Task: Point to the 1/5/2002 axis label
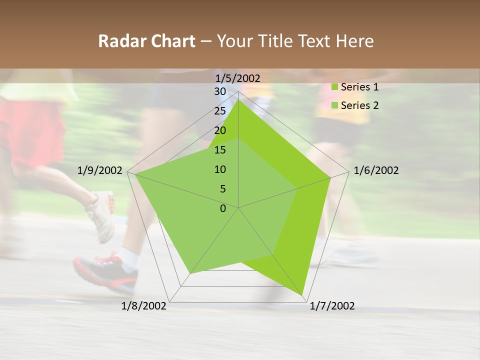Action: click(x=237, y=78)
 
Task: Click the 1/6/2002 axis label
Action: click(x=376, y=170)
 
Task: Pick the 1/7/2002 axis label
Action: click(x=332, y=306)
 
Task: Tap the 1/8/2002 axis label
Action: click(x=144, y=306)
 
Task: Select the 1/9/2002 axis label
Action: click(x=100, y=170)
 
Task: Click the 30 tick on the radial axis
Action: click(x=220, y=91)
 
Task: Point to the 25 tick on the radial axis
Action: click(x=220, y=111)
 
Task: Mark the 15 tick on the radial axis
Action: click(x=220, y=150)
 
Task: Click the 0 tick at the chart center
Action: click(x=223, y=208)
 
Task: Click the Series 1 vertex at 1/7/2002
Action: click(x=302, y=295)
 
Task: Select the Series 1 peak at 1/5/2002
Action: click(x=238, y=100)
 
